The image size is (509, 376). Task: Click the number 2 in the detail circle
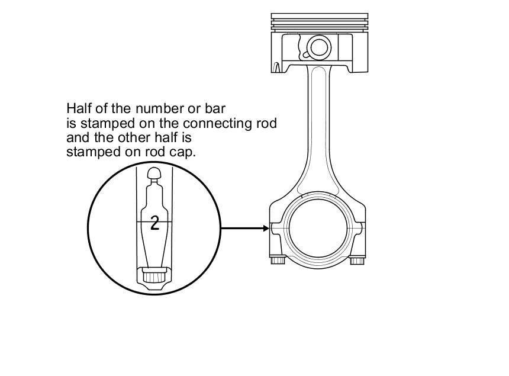[x=155, y=223]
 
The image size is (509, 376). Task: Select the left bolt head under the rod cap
[x=278, y=260]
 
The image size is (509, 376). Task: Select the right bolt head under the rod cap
[x=357, y=260]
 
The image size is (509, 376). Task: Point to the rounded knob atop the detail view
[x=154, y=173]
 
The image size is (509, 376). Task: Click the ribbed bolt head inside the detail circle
[x=154, y=276]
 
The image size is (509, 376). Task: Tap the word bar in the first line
[x=216, y=109]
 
